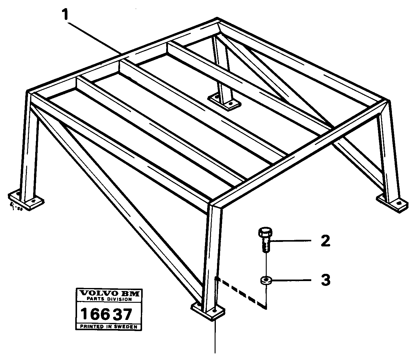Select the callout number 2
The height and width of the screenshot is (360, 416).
325,241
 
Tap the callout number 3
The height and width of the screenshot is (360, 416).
325,280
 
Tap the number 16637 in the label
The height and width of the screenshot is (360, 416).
107,314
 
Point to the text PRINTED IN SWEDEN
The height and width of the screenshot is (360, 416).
108,327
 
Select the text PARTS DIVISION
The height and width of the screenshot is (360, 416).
108,299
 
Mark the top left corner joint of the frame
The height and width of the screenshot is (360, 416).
30,93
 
